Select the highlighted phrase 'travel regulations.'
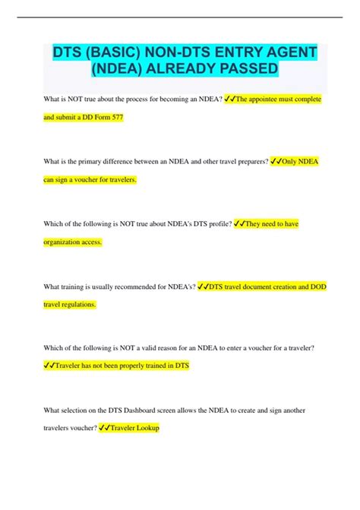click(70, 304)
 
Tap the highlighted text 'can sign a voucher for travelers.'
click(90, 180)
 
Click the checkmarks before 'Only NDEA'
click(276, 161)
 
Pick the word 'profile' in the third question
click(216, 223)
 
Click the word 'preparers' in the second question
click(245, 161)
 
